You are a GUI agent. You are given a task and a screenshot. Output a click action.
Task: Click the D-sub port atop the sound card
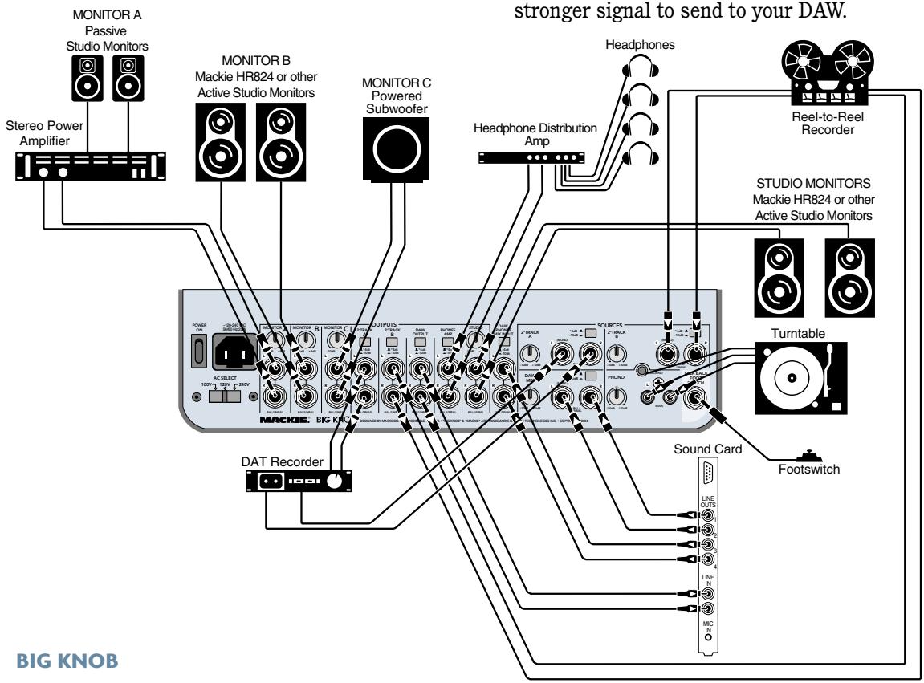(707, 473)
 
